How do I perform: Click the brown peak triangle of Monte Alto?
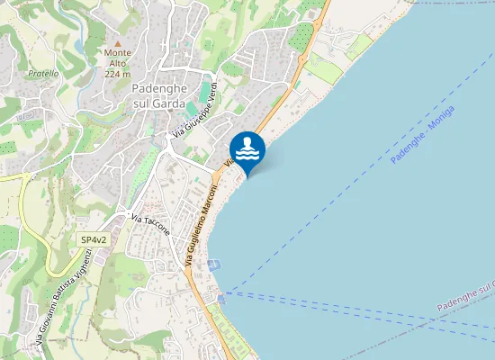coord(118,41)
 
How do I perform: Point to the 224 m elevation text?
coord(118,74)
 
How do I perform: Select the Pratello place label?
coord(43,73)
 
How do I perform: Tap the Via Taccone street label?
coord(150,225)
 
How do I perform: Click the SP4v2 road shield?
coord(94,240)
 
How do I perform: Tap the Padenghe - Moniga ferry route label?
coord(423,134)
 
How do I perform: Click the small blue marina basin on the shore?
coord(213,265)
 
